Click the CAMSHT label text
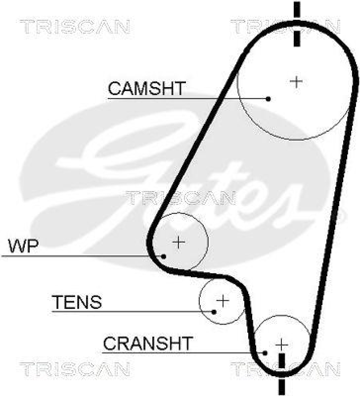(x=146, y=89)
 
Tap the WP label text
(x=23, y=246)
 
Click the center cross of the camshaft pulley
(x=296, y=81)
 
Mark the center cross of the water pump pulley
(x=179, y=242)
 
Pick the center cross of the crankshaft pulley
(x=281, y=344)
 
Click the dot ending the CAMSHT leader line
(x=269, y=99)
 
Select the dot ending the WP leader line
(x=164, y=256)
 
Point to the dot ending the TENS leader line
(x=214, y=312)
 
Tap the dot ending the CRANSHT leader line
(x=266, y=352)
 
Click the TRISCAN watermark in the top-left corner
(x=75, y=26)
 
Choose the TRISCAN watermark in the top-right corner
(x=286, y=26)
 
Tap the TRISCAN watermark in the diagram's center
(x=180, y=198)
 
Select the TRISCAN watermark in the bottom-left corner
(x=75, y=369)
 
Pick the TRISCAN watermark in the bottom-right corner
(x=286, y=369)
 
